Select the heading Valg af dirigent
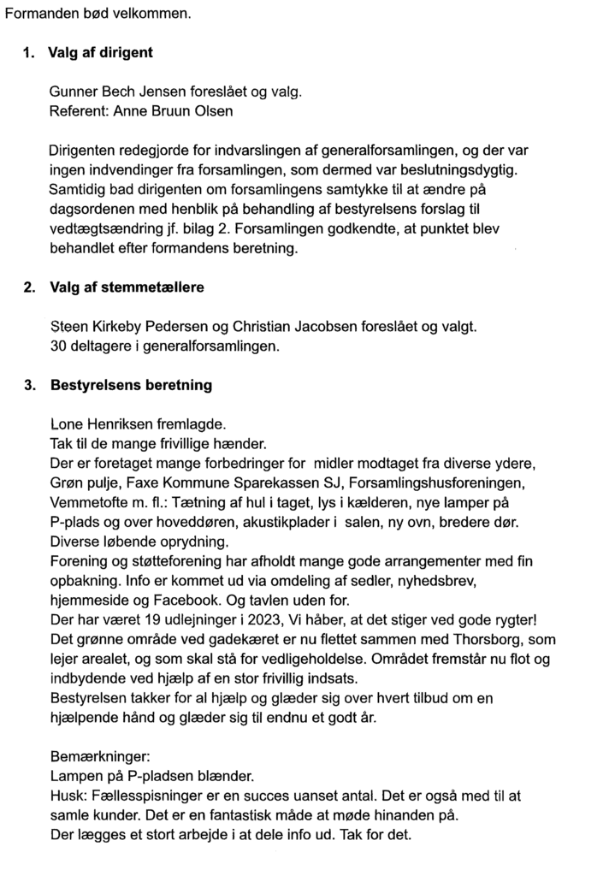100,53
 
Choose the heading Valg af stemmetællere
126,287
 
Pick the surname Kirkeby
119,326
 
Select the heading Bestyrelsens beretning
131,386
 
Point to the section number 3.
28,386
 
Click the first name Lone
68,424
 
